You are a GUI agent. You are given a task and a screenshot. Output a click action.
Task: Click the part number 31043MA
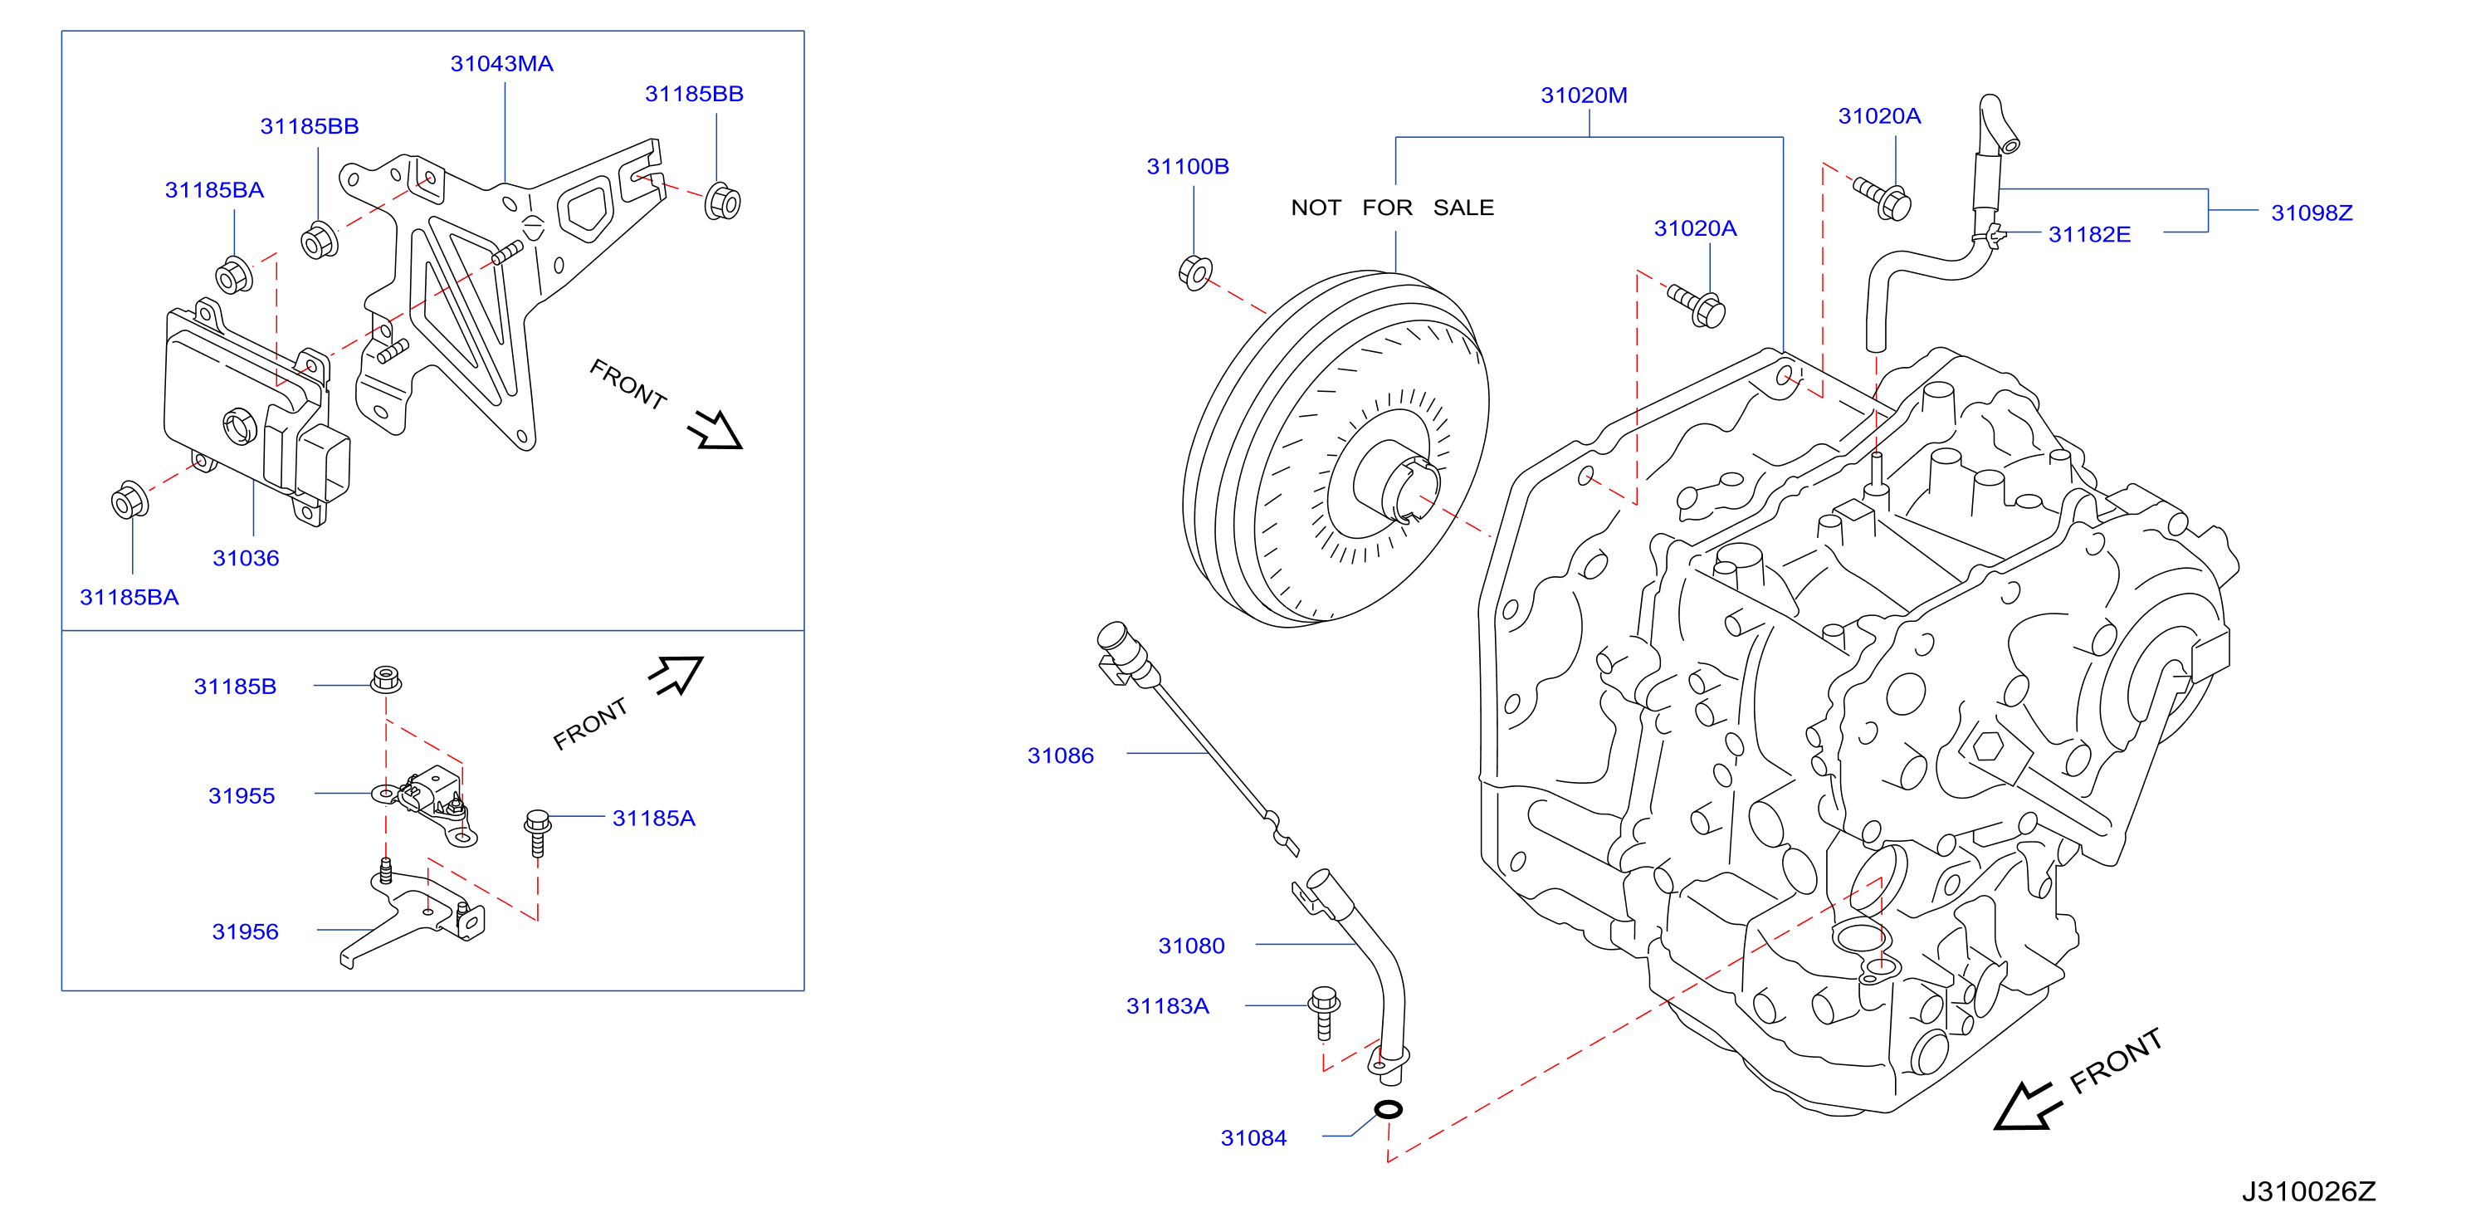pyautogui.click(x=501, y=64)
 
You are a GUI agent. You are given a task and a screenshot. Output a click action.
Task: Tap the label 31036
pyautogui.click(x=246, y=559)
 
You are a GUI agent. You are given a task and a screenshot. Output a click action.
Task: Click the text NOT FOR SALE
pyautogui.click(x=1392, y=208)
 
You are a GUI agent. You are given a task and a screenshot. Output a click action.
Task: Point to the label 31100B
pyautogui.click(x=1188, y=167)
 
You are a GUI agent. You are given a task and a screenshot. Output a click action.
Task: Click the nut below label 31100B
pyautogui.click(x=1195, y=272)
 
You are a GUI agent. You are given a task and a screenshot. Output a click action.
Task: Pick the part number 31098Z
pyautogui.click(x=2312, y=213)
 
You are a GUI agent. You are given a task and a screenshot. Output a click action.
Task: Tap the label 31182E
pyautogui.click(x=2089, y=235)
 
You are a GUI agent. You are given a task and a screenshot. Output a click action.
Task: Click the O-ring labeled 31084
pyautogui.click(x=1388, y=1109)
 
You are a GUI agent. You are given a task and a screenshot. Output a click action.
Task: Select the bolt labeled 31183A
pyautogui.click(x=1324, y=1012)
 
